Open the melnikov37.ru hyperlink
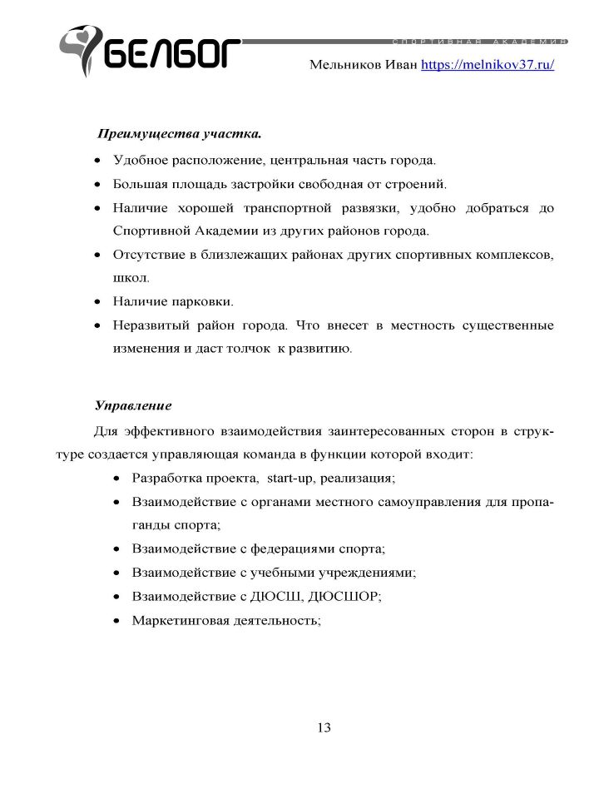click(x=488, y=64)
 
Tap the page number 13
click(x=324, y=727)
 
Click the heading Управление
click(x=133, y=406)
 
